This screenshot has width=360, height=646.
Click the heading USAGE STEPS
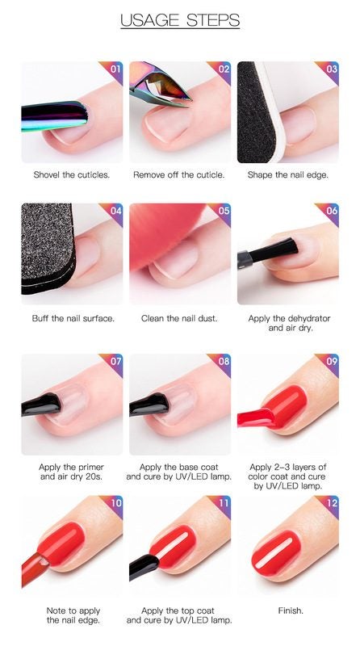click(180, 20)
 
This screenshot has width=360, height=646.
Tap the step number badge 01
click(115, 69)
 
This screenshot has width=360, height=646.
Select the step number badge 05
click(224, 211)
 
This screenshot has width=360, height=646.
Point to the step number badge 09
click(332, 361)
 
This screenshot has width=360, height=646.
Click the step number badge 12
click(332, 502)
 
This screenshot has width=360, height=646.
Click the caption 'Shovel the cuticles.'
click(72, 174)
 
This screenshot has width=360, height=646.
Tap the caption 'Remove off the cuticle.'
click(179, 174)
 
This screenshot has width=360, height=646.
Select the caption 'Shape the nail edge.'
click(288, 174)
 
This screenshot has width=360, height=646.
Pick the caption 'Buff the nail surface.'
click(73, 318)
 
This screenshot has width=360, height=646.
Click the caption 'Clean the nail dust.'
click(179, 318)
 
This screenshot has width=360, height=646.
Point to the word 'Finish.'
click(291, 610)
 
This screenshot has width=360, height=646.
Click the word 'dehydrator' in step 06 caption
click(310, 318)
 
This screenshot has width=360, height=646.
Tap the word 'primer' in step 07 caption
click(90, 468)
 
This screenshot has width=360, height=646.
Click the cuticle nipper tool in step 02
click(161, 84)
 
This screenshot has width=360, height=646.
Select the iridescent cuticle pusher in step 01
click(54, 115)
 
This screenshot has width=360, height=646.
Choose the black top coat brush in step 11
click(144, 567)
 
